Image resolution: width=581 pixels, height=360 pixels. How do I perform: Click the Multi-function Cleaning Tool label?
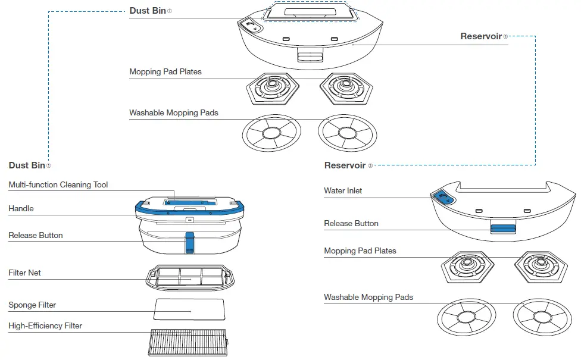[x=58, y=185]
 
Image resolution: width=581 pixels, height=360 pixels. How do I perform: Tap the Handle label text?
[x=21, y=209]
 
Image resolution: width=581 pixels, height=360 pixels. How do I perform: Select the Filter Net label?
[x=24, y=273]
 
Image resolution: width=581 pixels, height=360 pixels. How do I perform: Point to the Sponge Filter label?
[x=32, y=305]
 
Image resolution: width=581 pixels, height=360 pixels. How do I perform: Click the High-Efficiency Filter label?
[x=45, y=326]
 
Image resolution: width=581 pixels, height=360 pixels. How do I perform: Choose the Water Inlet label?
[x=343, y=191]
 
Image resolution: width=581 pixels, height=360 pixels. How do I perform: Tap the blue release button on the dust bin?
[x=189, y=242]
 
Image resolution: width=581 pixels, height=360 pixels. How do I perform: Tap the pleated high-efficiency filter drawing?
[x=188, y=343]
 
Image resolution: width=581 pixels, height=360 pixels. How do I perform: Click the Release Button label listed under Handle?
[x=36, y=236]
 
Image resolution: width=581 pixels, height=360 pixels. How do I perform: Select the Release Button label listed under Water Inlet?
[x=351, y=224]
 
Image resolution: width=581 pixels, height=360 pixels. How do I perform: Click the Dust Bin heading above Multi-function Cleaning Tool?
[x=27, y=165]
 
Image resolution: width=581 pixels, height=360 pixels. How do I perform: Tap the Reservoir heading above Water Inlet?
[x=345, y=165]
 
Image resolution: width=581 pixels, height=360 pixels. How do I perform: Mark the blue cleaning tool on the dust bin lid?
[x=188, y=202]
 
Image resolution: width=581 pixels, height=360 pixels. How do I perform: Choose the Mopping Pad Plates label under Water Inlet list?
[x=360, y=251]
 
